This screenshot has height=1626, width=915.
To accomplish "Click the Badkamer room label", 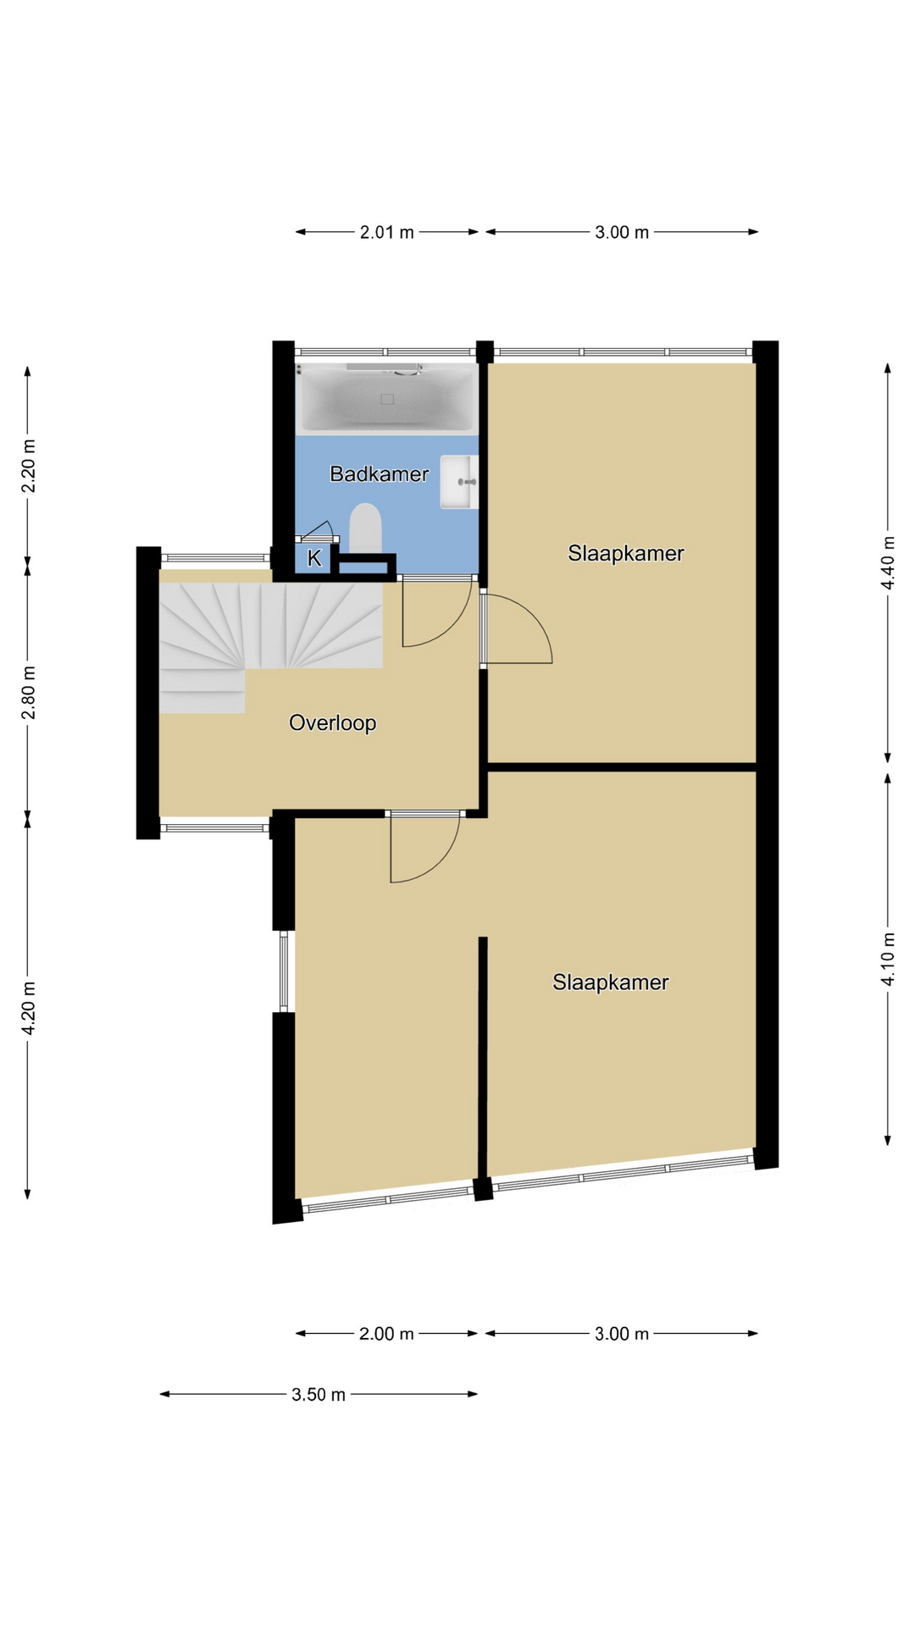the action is click(379, 473).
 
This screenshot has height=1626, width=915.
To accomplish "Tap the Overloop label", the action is click(332, 722).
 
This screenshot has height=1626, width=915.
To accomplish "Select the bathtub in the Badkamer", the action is click(387, 398).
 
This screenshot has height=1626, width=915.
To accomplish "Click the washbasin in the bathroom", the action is click(459, 482).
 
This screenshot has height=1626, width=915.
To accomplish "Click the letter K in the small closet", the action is click(314, 558).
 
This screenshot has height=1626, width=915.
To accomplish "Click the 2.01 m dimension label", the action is click(387, 232).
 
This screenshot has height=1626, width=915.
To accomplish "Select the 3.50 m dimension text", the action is click(319, 1394).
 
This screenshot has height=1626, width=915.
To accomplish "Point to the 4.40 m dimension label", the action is click(888, 563).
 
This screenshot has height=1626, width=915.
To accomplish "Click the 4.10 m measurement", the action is click(888, 959).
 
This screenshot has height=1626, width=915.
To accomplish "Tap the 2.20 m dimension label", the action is click(28, 466).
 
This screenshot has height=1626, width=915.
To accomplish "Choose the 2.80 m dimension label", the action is click(28, 692).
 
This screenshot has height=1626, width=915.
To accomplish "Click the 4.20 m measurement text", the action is click(28, 1008).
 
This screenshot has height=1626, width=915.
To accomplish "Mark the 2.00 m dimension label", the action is click(386, 1334).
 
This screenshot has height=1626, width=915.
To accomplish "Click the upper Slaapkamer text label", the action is click(625, 553).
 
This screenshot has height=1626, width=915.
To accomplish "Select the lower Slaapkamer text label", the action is click(610, 982).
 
